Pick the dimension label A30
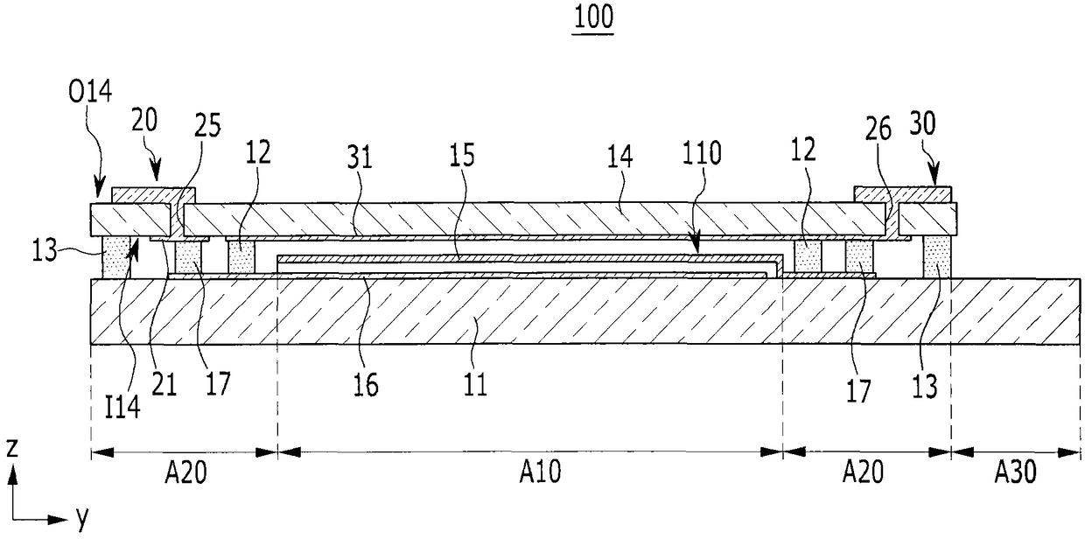coord(1015,473)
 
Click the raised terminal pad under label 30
coord(901,193)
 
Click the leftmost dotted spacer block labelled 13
coord(115,255)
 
